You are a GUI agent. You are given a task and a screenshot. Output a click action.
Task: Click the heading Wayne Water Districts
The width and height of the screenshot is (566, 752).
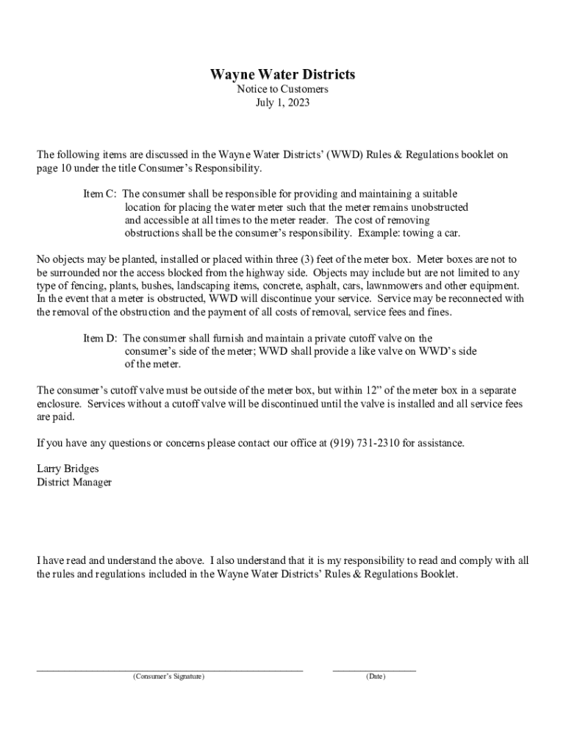282,74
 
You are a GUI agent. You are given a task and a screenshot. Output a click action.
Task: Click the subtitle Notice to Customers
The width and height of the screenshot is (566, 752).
282,89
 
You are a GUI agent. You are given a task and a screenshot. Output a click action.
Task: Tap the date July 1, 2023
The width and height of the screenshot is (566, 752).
282,103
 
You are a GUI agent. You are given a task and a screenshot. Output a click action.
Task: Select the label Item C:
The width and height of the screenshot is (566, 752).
100,194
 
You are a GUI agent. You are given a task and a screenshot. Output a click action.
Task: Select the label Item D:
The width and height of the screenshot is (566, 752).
101,338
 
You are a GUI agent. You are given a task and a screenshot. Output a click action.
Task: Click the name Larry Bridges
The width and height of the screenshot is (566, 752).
68,469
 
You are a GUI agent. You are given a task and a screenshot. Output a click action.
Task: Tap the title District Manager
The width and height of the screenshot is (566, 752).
74,482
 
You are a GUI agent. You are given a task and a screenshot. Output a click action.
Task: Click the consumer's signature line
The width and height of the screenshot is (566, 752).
170,669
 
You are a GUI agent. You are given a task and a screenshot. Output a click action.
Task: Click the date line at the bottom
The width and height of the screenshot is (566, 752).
374,669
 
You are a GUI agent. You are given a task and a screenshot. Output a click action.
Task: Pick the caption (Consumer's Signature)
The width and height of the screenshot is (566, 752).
169,676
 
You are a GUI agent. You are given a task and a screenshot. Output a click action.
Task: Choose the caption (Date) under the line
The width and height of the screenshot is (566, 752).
375,676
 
